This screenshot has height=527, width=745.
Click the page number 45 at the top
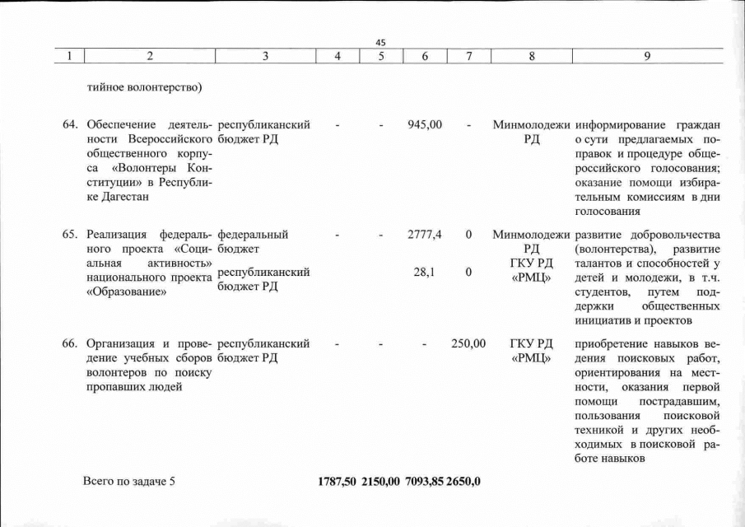click(x=380, y=43)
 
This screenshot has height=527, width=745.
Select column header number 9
click(x=648, y=56)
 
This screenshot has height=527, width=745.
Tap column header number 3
click(x=266, y=56)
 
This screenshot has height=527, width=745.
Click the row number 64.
click(x=71, y=125)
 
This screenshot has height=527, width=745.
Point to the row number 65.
click(x=71, y=235)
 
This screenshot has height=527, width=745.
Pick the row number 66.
click(x=71, y=343)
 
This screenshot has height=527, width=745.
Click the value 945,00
click(x=425, y=125)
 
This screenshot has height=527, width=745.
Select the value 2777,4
click(x=425, y=235)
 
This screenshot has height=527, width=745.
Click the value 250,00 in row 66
click(x=468, y=343)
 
